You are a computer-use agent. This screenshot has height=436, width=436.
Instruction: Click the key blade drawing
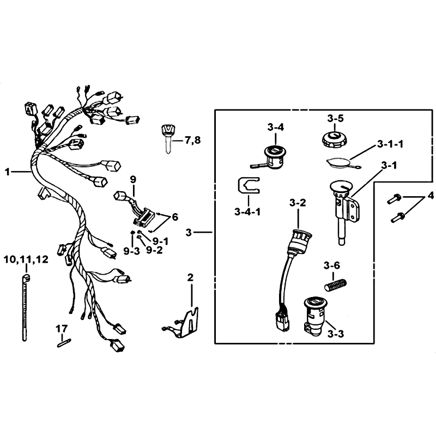coord(167,140)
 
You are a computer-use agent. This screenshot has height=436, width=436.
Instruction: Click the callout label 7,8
coord(193,141)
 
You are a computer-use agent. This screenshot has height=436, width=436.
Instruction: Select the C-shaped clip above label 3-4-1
coord(249,185)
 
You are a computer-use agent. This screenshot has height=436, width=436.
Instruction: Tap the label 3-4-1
coord(247,212)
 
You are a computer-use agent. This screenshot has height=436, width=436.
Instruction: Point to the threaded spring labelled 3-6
coord(336,284)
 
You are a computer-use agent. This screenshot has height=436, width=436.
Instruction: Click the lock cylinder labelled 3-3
coord(315,317)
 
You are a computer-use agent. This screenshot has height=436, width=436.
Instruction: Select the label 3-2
coord(298,203)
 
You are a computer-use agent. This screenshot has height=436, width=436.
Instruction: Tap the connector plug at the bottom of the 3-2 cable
coord(282,322)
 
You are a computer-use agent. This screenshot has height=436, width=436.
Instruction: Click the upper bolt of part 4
coord(395,199)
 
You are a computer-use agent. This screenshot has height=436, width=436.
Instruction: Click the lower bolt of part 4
coord(398,217)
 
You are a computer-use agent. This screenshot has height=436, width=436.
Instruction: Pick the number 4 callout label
coord(431,196)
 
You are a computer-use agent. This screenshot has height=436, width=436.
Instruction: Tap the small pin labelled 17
coord(64,343)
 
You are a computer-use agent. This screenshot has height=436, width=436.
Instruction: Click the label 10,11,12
coord(26,260)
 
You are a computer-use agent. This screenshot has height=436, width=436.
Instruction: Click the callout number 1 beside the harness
coord(7,172)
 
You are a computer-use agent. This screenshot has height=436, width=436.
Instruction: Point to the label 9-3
coord(131,251)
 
